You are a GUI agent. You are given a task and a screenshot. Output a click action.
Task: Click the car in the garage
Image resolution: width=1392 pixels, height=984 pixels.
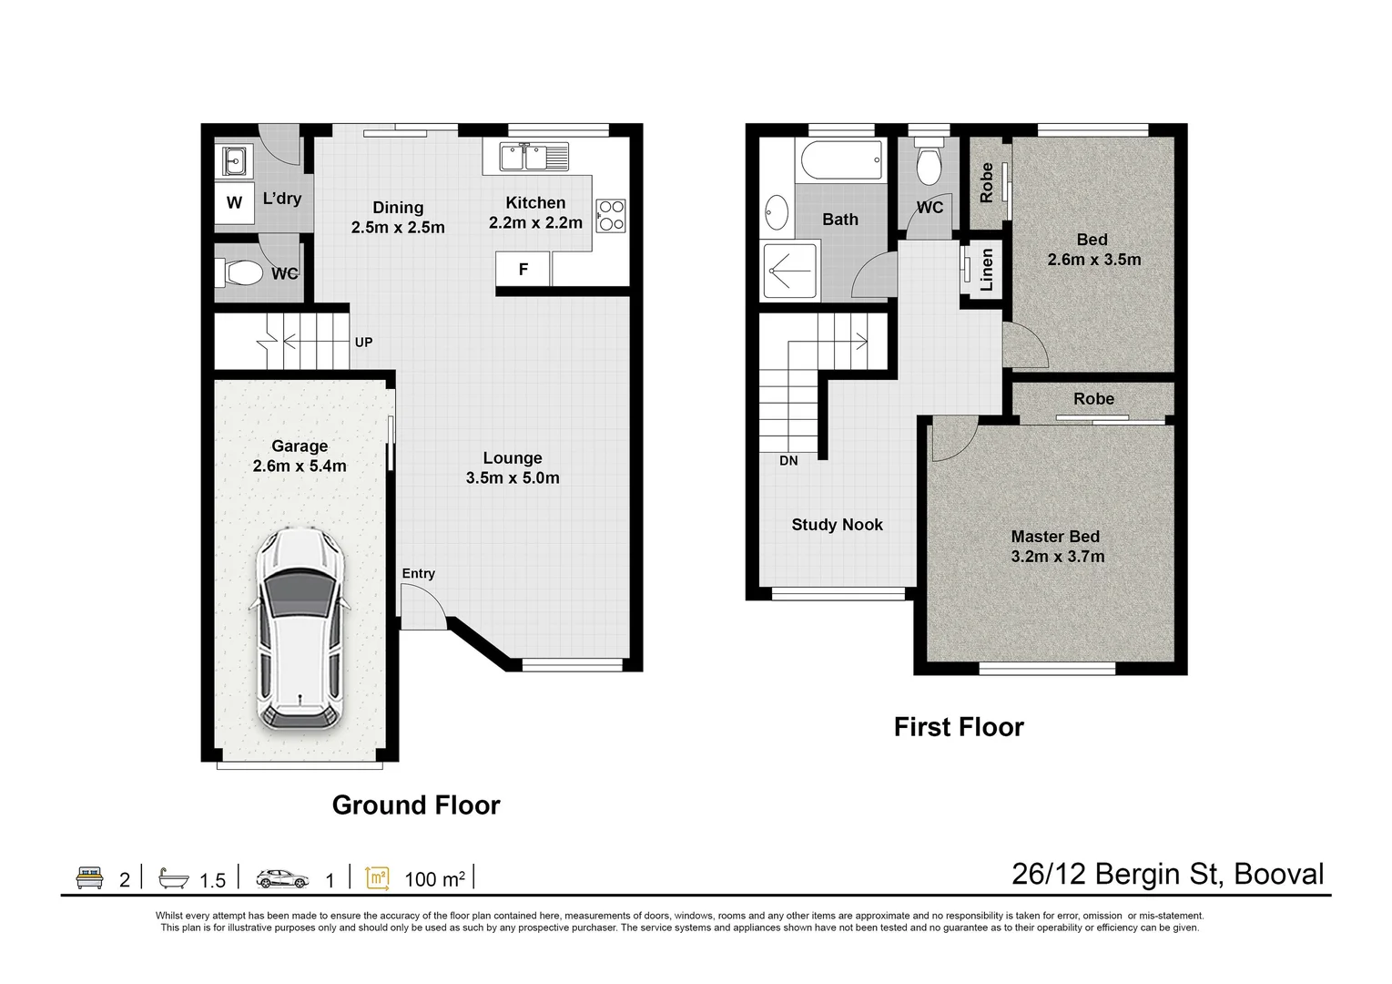pyautogui.click(x=300, y=630)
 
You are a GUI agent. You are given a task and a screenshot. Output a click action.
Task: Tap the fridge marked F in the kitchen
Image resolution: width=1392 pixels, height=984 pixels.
pyautogui.click(x=523, y=269)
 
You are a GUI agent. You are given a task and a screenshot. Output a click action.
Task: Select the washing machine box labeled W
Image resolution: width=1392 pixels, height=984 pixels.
pyautogui.click(x=235, y=202)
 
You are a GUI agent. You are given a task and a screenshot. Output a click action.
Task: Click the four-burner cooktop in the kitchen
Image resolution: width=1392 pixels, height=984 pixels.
pyautogui.click(x=611, y=216)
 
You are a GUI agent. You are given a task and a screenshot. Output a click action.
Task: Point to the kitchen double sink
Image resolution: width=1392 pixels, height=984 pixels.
pyautogui.click(x=533, y=157)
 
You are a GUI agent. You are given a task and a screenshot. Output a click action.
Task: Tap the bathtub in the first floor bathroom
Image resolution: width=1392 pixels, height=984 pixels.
pyautogui.click(x=841, y=160)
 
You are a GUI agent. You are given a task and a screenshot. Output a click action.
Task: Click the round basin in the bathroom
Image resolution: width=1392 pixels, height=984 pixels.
pyautogui.click(x=777, y=212)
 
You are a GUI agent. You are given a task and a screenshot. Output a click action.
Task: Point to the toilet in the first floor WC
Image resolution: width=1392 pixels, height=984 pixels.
pyautogui.click(x=929, y=165)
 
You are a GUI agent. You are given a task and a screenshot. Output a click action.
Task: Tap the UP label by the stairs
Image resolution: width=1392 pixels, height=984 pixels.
pyautogui.click(x=363, y=343)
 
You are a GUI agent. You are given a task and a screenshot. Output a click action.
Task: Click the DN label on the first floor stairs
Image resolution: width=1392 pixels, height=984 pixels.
pyautogui.click(x=788, y=461)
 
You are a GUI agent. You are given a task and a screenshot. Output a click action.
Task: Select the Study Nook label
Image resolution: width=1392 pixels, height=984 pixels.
pyautogui.click(x=837, y=525)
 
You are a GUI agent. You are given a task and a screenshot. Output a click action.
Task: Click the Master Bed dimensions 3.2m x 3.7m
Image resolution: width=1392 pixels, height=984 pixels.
pyautogui.click(x=1057, y=557)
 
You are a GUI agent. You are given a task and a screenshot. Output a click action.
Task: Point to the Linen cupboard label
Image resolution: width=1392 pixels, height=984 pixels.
pyautogui.click(x=987, y=270)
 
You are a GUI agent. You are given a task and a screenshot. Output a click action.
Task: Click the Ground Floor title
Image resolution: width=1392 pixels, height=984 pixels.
pyautogui.click(x=416, y=805)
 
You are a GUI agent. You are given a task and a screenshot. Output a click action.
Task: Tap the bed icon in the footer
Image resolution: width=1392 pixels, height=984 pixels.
pyautogui.click(x=89, y=877)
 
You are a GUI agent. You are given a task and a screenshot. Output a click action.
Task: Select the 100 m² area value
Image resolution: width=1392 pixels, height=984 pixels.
pyautogui.click(x=434, y=879)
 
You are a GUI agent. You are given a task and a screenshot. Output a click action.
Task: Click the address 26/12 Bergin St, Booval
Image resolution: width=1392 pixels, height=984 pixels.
pyautogui.click(x=1167, y=874)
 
